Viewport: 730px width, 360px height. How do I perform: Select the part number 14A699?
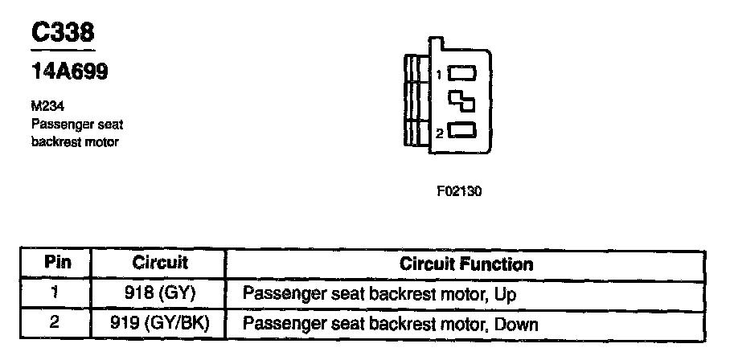point(68,72)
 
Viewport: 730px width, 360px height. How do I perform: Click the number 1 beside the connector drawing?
point(440,75)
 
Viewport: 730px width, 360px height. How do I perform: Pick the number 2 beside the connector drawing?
point(440,133)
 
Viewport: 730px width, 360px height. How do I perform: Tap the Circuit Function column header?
point(465,264)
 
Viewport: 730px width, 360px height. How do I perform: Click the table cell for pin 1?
point(56,294)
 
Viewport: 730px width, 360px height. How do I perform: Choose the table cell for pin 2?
point(56,324)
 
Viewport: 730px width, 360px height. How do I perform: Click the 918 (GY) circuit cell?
point(159,294)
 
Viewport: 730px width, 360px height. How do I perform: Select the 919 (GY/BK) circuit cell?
point(159,324)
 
